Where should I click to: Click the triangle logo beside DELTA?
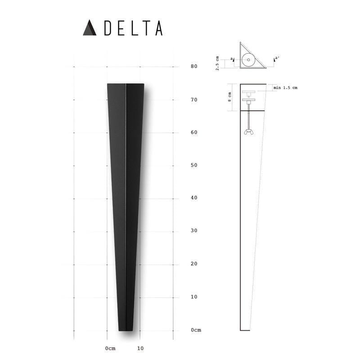[x=90, y=28]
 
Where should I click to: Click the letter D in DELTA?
[x=108, y=28]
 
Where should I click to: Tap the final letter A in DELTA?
[x=159, y=28]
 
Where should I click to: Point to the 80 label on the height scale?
[x=194, y=66]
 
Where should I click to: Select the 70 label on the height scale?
[x=194, y=99]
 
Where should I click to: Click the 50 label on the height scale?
[x=194, y=165]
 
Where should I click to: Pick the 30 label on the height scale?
[x=194, y=230]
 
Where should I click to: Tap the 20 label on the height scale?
[x=194, y=264]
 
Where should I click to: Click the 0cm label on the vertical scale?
[x=196, y=330]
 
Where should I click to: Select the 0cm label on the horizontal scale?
[x=110, y=348]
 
